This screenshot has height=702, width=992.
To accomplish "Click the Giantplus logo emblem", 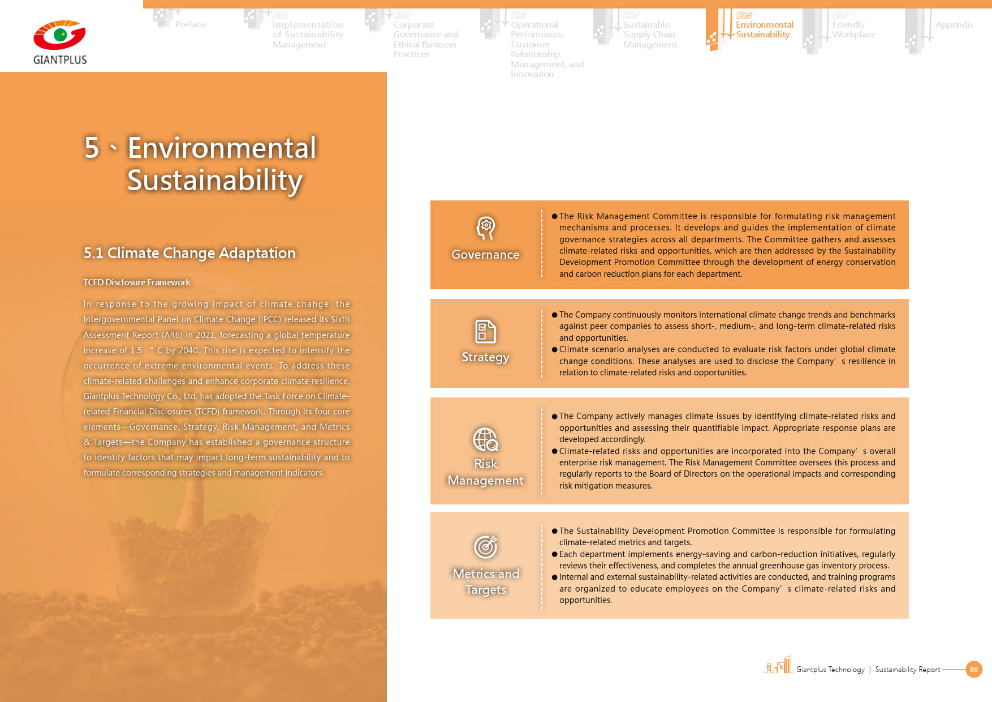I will pyautogui.click(x=59, y=35).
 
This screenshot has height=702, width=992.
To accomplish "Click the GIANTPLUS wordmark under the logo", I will pyautogui.click(x=60, y=60).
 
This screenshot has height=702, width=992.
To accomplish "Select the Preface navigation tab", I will pyautogui.click(x=190, y=24).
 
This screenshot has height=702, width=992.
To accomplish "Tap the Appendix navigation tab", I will pyautogui.click(x=954, y=25).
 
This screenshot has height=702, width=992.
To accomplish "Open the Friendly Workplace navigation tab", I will pyautogui.click(x=853, y=29).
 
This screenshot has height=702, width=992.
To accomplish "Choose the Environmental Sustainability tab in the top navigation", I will pyautogui.click(x=764, y=29).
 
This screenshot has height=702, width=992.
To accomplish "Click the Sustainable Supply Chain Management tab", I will pyautogui.click(x=649, y=35).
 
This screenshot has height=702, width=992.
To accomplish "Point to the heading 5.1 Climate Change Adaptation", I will pyautogui.click(x=189, y=253).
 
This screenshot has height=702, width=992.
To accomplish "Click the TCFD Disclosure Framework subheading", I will pyautogui.click(x=137, y=282).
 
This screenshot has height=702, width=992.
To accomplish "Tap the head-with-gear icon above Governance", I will pyautogui.click(x=485, y=228).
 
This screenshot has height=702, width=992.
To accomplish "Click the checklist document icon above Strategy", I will pyautogui.click(x=485, y=332).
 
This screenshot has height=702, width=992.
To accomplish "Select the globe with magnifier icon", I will pyautogui.click(x=485, y=439).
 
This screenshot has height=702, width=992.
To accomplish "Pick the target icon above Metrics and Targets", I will pyautogui.click(x=485, y=546).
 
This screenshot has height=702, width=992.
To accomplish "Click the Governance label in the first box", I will pyautogui.click(x=485, y=255).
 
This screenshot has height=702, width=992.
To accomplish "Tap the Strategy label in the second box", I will pyautogui.click(x=485, y=357).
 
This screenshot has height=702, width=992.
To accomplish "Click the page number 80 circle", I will pyautogui.click(x=973, y=669).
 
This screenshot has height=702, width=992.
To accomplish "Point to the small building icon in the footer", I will pyautogui.click(x=779, y=666).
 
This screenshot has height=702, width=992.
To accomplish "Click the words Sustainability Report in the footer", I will pyautogui.click(x=907, y=670).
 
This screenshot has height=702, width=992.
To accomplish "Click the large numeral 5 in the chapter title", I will pyautogui.click(x=92, y=148).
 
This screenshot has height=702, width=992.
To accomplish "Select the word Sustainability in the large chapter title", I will pyautogui.click(x=215, y=181).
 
